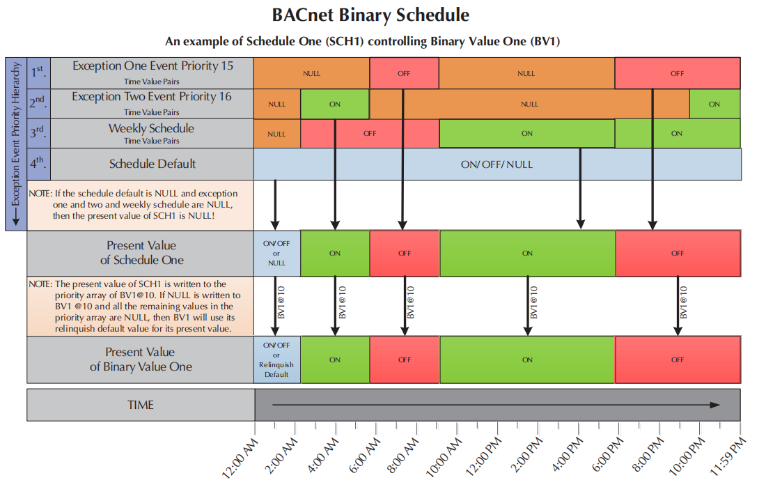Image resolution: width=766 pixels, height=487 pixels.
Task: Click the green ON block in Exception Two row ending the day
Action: pyautogui.click(x=714, y=104)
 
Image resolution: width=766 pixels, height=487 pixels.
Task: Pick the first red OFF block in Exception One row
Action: pyautogui.click(x=404, y=73)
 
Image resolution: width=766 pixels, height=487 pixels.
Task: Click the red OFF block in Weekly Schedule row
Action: pyautogui.click(x=370, y=133)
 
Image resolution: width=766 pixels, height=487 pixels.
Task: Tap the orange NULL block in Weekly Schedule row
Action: pyautogui.click(x=276, y=134)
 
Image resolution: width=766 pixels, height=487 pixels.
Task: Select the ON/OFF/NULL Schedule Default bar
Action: pyautogui.click(x=497, y=164)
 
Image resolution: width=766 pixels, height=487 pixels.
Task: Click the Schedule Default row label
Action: pyautogui.click(x=153, y=164)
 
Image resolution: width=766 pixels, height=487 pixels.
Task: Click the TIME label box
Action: pyautogui.click(x=140, y=405)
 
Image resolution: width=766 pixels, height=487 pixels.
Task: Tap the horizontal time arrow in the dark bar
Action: pyautogui.click(x=495, y=405)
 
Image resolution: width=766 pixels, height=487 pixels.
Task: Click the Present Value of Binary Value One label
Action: pyautogui.click(x=140, y=360)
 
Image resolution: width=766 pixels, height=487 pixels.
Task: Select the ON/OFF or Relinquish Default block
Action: pyautogui.click(x=276, y=360)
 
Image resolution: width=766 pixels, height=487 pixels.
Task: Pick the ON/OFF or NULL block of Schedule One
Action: pyautogui.click(x=276, y=254)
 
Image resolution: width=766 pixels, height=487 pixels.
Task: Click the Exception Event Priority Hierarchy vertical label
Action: pyautogui.click(x=15, y=143)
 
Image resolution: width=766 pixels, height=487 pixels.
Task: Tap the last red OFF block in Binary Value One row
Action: pyautogui.click(x=678, y=360)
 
